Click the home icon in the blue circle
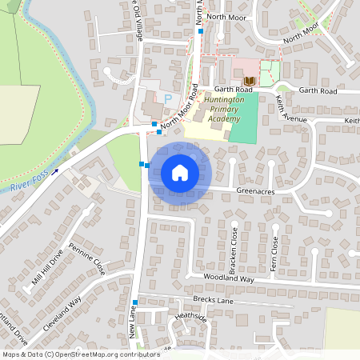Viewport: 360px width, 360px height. [180, 172]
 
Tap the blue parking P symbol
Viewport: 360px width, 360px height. [168, 98]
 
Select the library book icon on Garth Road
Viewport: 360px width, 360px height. [249, 82]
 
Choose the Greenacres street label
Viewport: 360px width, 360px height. [256, 190]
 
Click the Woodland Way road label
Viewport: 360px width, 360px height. [228, 279]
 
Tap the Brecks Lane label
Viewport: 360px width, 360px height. [212, 300]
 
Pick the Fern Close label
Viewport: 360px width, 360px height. [274, 254]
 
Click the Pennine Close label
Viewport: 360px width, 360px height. [87, 254]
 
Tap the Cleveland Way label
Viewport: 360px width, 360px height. [63, 314]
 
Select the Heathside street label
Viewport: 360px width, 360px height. [190, 316]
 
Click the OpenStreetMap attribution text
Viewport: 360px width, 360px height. [80, 354]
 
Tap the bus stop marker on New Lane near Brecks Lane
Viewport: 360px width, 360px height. [135, 302]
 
